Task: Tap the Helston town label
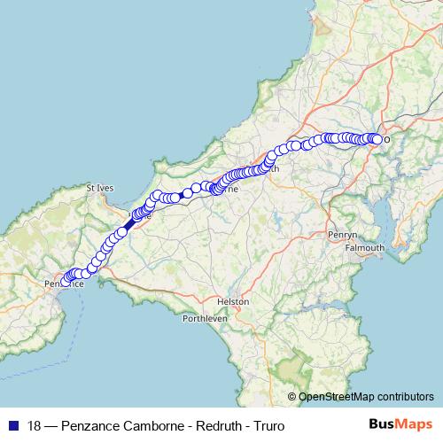[239, 301]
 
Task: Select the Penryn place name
[342, 235]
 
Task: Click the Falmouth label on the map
[364, 248]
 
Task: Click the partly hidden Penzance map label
[63, 284]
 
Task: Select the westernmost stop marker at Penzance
[66, 280]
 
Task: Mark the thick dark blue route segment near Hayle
[129, 225]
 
